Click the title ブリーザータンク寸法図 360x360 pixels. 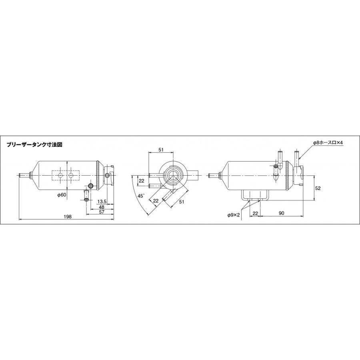[x=34, y=145]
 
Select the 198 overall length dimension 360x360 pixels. [x=68, y=216]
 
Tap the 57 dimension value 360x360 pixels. [x=102, y=212]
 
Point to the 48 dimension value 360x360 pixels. [x=102, y=207]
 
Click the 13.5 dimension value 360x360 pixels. [x=102, y=202]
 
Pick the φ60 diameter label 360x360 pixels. [x=62, y=195]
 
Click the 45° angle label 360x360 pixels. [x=141, y=196]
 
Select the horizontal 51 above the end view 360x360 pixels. [x=161, y=150]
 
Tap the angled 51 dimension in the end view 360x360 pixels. [x=182, y=202]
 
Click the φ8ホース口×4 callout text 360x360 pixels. [x=328, y=142]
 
